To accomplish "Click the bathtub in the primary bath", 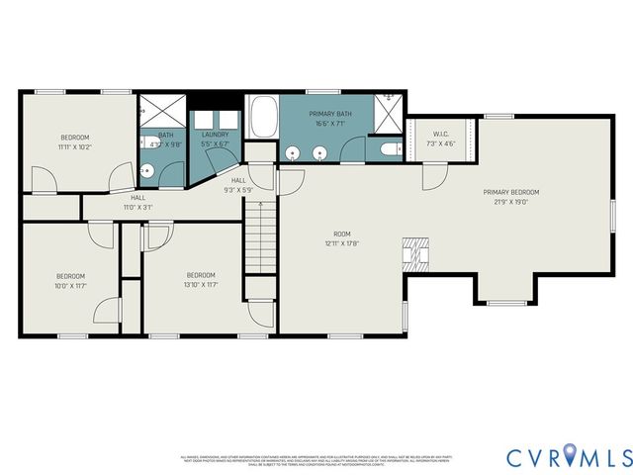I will pos(262,118).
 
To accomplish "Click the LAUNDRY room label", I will pos(215,135).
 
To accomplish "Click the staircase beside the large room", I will pos(257,235).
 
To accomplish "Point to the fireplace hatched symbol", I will pos(416,254).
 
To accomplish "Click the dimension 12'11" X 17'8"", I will pos(341,243).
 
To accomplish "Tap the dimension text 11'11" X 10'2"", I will pos(75,146).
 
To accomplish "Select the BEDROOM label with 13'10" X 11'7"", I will pos(201,274).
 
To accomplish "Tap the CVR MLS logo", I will pos(569,456).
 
